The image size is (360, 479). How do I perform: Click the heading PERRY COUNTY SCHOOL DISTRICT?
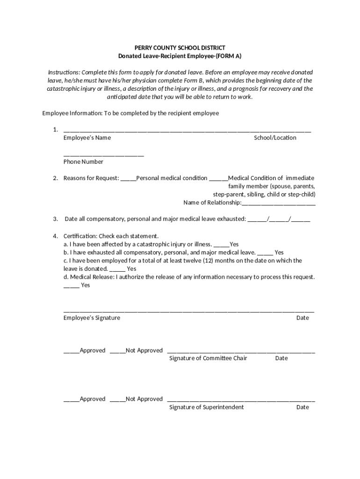point(180,48)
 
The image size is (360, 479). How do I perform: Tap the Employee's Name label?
point(87,138)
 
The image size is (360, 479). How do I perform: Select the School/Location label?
point(275,138)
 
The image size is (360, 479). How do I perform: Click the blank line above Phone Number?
point(103,155)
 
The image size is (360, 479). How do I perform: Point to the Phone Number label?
point(83,162)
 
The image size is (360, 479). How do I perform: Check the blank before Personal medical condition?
point(128,179)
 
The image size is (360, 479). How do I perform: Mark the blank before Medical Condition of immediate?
point(218,179)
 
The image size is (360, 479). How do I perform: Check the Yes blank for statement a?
point(222,245)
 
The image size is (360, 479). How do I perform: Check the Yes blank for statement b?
point(265,253)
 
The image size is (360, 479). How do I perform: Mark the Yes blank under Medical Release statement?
point(71,286)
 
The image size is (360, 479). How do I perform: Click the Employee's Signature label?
point(92,318)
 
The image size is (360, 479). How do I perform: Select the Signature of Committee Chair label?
point(208,358)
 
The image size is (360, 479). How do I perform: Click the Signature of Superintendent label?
point(206,407)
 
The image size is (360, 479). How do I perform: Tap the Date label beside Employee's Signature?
point(302,318)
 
